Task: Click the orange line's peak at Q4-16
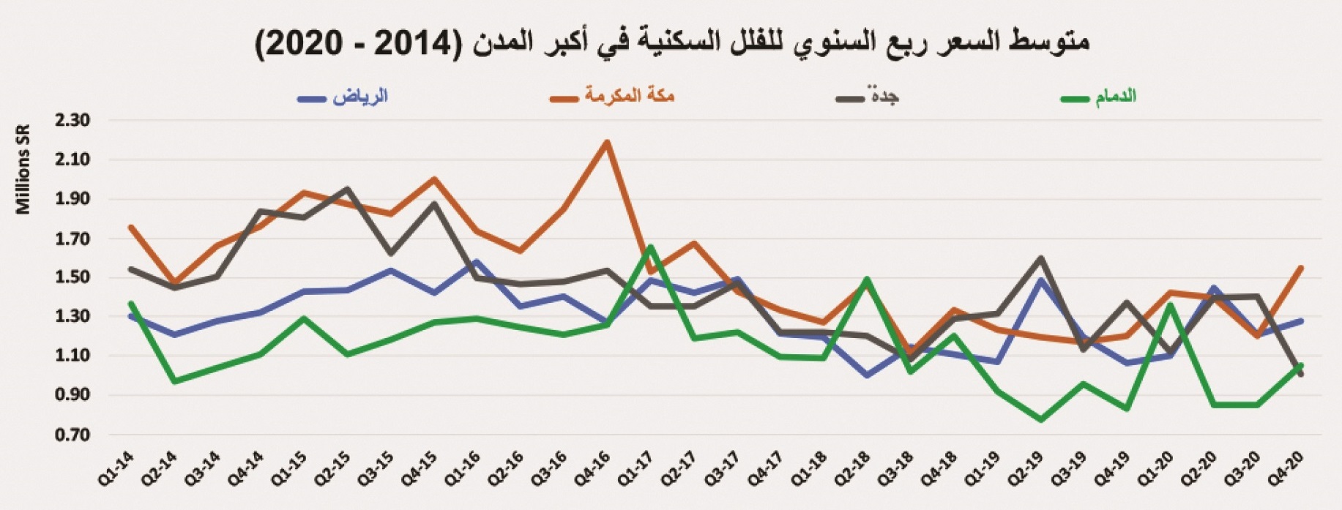click(x=607, y=142)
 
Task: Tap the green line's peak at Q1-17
click(x=650, y=247)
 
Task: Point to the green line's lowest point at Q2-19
click(x=1041, y=420)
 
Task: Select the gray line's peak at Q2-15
click(x=346, y=189)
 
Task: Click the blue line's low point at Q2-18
click(x=868, y=375)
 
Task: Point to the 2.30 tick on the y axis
click(x=72, y=120)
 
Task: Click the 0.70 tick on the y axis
click(x=72, y=435)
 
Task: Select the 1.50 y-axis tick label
click(x=72, y=277)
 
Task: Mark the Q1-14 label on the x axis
click(x=115, y=469)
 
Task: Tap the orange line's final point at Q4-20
click(x=1301, y=268)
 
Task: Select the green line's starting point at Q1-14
click(x=130, y=303)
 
